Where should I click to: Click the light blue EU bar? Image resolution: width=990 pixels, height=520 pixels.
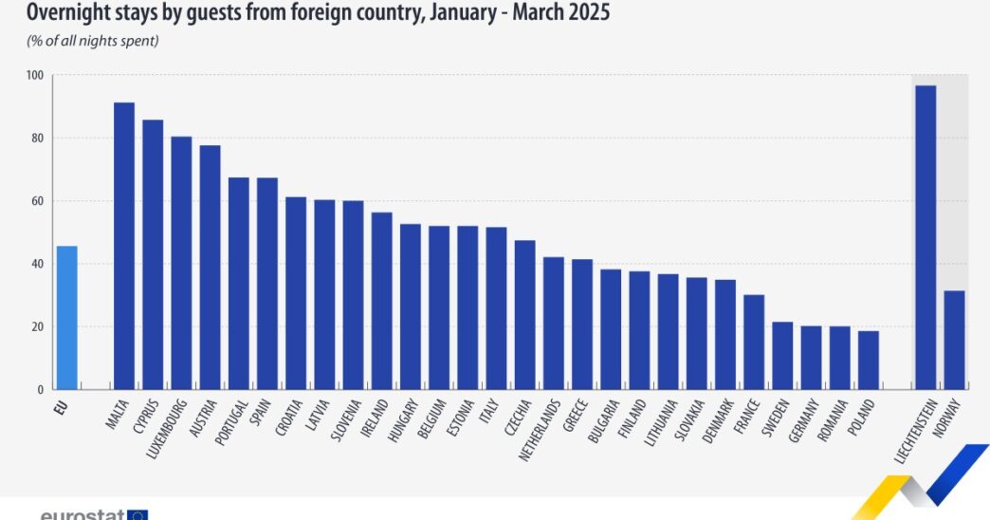coord(66,317)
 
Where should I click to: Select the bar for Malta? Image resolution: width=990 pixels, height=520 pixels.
coord(124,246)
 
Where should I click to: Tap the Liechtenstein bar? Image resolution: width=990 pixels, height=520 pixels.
coord(926,237)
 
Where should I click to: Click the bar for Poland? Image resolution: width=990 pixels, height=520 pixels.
coord(868,360)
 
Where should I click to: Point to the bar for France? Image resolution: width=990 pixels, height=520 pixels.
coord(754,342)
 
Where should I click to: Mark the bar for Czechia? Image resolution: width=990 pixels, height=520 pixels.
coord(524,314)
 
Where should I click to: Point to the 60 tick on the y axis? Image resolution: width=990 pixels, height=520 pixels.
coord(38,201)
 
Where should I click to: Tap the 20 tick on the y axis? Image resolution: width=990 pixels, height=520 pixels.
coord(38,327)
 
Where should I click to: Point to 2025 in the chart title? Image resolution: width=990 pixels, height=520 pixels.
coord(585,13)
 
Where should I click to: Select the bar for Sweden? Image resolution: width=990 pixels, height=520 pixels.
coord(782,356)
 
